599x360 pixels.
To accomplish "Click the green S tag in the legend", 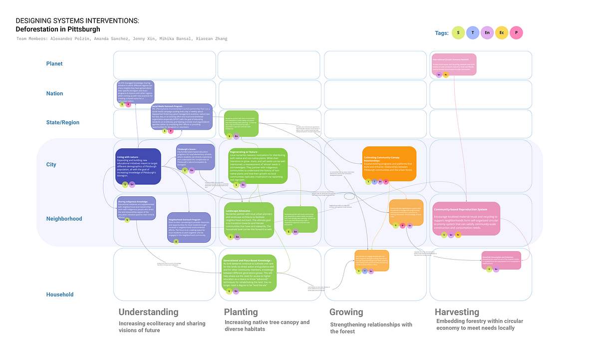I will tap(458, 33).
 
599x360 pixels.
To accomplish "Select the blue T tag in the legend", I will tap(473, 33).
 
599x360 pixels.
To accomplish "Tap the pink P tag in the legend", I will tap(517, 33).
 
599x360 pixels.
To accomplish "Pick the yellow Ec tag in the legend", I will tap(502, 33).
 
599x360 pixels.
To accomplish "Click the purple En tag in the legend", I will tap(487, 33).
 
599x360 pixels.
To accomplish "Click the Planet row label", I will tap(54, 63).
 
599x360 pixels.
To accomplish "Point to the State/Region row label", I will tap(62, 122).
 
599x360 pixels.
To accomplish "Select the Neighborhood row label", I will tap(64, 219).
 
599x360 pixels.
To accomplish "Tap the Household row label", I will tap(60, 295).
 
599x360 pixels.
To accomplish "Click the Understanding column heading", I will tap(148, 312).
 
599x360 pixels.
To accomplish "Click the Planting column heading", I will tap(241, 312).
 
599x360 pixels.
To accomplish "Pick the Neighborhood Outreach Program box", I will tap(189, 227).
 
